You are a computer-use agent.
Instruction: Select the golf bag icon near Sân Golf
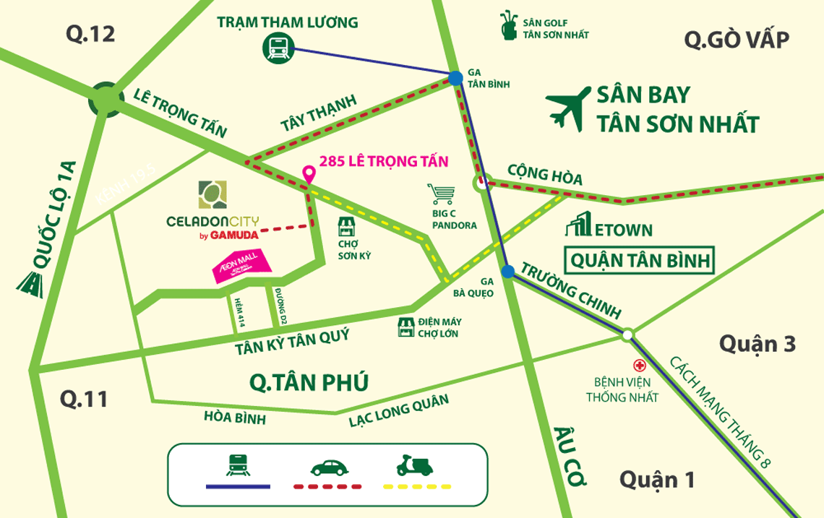(509, 26)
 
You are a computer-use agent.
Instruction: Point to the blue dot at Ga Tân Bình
(455, 78)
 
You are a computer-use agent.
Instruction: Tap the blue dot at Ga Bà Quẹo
(508, 271)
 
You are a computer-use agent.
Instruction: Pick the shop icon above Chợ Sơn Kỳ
(348, 228)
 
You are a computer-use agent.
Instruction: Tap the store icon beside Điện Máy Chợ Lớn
(407, 327)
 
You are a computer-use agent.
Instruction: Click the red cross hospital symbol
(639, 366)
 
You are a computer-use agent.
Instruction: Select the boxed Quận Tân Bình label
(640, 260)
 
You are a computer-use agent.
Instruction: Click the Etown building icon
(578, 225)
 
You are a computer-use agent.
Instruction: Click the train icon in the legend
(238, 465)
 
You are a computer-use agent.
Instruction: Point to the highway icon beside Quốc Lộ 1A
(30, 284)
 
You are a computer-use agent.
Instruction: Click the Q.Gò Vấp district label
(737, 40)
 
